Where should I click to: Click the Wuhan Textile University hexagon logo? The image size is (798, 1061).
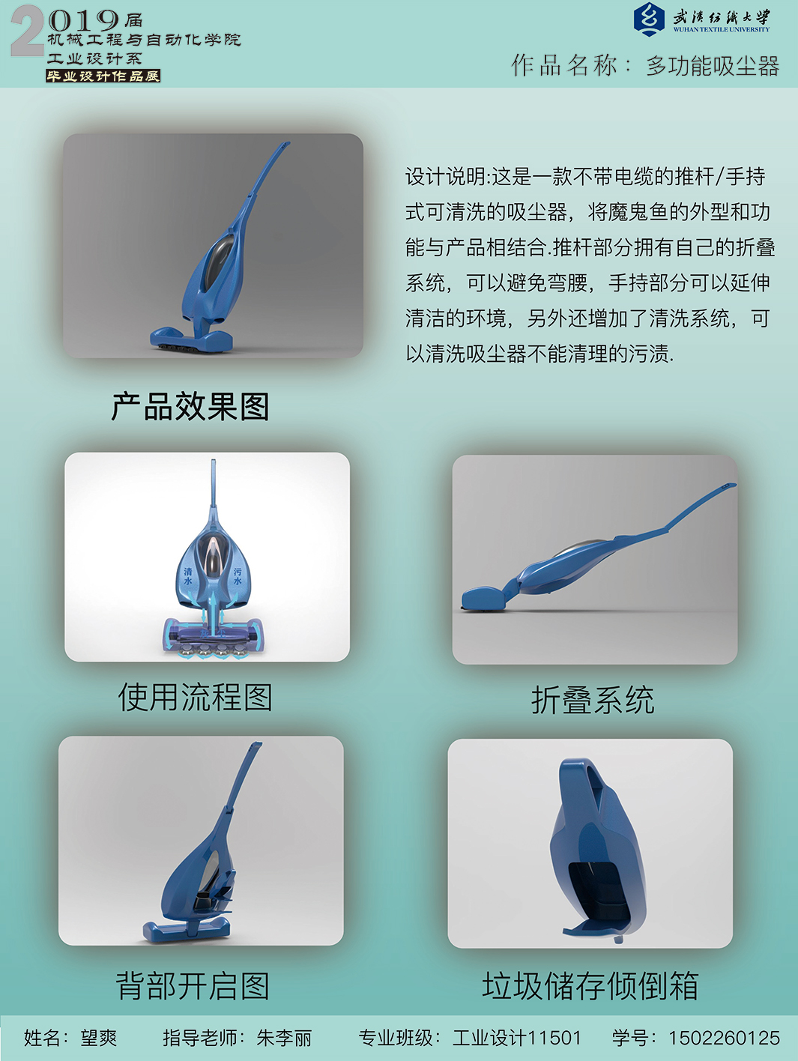click(649, 19)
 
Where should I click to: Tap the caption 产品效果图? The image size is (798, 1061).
click(190, 407)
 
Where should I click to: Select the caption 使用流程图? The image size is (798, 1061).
click(196, 697)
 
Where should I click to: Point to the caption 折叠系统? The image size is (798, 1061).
click(593, 700)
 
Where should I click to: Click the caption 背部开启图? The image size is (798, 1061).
click(193, 986)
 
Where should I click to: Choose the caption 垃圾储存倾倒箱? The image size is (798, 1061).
click(590, 985)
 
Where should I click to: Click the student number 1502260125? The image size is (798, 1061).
click(724, 1037)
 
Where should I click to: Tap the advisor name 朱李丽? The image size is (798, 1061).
click(284, 1038)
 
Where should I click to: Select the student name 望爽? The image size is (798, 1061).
click(99, 1038)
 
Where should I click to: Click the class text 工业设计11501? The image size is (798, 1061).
click(516, 1037)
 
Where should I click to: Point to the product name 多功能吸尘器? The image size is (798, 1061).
click(713, 66)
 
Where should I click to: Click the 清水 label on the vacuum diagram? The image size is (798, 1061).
click(187, 575)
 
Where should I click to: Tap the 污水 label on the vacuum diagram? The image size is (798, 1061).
click(238, 575)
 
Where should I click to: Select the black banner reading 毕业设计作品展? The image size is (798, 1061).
click(103, 76)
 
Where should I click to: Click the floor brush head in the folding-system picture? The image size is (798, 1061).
click(484, 597)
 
